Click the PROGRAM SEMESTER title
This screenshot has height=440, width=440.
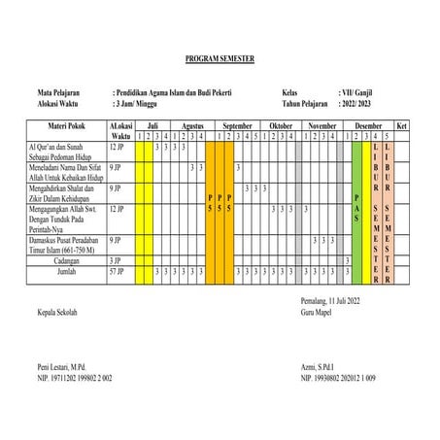click(220, 59)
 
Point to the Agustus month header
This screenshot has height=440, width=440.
click(191, 126)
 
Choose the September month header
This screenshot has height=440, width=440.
click(239, 126)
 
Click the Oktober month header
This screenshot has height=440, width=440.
click(281, 126)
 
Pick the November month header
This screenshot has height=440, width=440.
click(322, 126)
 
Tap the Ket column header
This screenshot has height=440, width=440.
click(402, 126)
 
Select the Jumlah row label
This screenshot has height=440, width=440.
click(65, 273)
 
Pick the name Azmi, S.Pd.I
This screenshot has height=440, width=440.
click(322, 366)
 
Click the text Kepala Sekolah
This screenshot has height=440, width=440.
click(55, 312)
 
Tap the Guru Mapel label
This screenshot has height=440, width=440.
click(321, 312)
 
